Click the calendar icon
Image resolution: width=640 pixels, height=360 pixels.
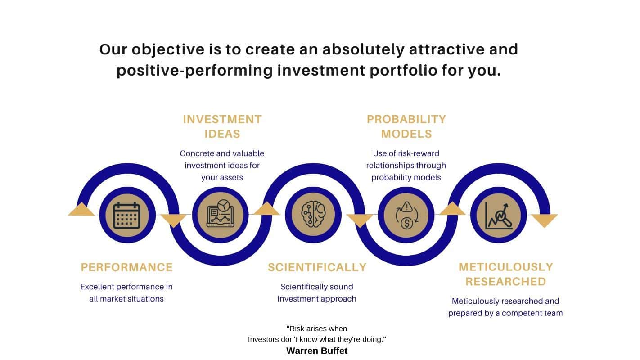pyautogui.click(x=127, y=215)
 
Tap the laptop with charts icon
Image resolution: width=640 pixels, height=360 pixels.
pyautogui.click(x=220, y=213)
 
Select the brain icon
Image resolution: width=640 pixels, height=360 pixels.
pyautogui.click(x=313, y=214)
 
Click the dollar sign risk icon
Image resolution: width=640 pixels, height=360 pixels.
pyautogui.click(x=406, y=215)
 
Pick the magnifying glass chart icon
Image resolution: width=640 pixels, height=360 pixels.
pyautogui.click(x=499, y=216)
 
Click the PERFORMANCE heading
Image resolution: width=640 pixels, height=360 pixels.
pyautogui.click(x=127, y=267)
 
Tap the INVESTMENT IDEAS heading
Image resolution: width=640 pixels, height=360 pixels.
pyautogui.click(x=222, y=126)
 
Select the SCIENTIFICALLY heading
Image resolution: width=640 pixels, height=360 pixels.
pyautogui.click(x=317, y=267)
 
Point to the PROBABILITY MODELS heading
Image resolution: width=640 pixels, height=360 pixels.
pyautogui.click(x=406, y=126)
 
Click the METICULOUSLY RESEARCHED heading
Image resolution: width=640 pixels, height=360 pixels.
pyautogui.click(x=506, y=274)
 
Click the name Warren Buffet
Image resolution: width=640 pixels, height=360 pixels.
pyautogui.click(x=317, y=351)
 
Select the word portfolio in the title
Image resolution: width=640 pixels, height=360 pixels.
pyautogui.click(x=403, y=71)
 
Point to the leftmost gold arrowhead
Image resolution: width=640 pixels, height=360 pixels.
pyautogui.click(x=81, y=209)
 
